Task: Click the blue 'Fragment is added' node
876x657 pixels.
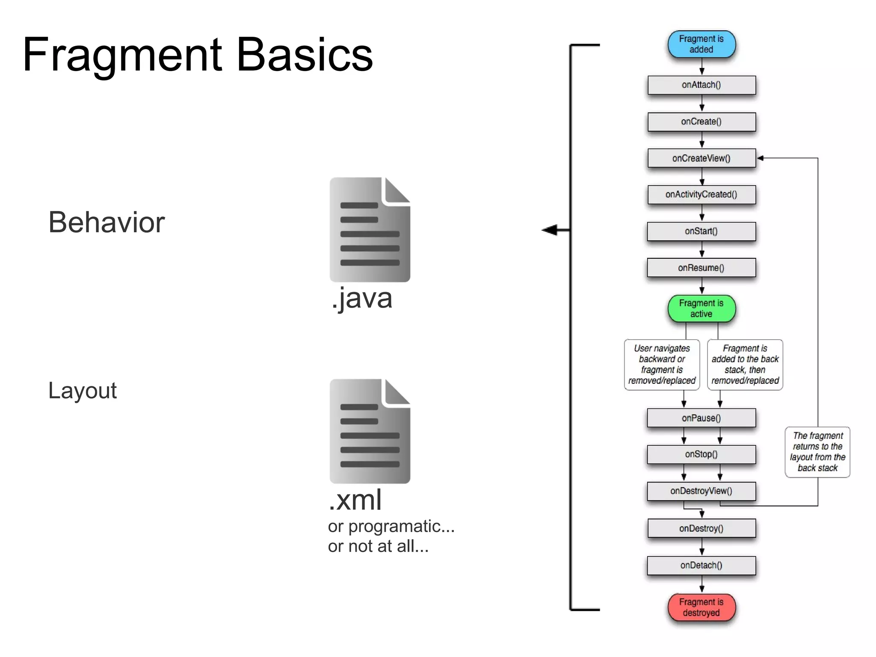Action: [x=701, y=44]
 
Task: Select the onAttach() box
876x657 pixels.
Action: [x=701, y=85]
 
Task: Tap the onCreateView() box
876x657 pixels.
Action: [x=701, y=158]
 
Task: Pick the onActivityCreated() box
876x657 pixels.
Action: [x=701, y=195]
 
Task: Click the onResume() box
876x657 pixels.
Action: [x=701, y=268]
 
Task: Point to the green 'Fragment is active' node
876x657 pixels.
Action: [x=701, y=308]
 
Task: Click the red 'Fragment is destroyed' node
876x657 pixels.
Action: [x=701, y=607]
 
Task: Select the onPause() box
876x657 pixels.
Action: [x=701, y=418]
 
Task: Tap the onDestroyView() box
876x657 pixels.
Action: [x=701, y=491]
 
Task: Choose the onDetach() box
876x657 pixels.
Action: [x=701, y=565]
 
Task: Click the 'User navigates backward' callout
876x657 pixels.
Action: [x=662, y=364]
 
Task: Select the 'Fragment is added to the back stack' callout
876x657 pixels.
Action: [x=745, y=364]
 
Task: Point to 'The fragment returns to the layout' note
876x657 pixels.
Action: [x=817, y=452]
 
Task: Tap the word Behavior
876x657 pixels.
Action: [x=107, y=222]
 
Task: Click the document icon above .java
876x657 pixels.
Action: [x=370, y=230]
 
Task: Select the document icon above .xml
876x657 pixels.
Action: [x=370, y=431]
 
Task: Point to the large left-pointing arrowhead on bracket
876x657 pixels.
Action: [x=550, y=230]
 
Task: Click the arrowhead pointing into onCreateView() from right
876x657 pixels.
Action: [x=761, y=158]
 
